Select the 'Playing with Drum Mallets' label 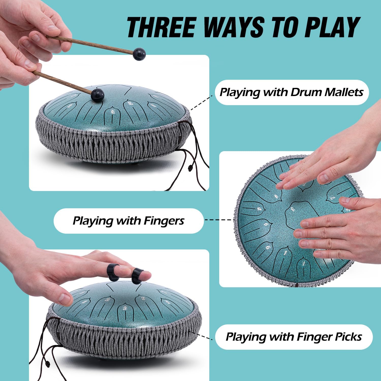click(x=292, y=92)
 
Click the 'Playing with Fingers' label click(x=129, y=221)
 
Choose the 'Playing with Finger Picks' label click(x=294, y=337)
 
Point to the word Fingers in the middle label click(x=164, y=221)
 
